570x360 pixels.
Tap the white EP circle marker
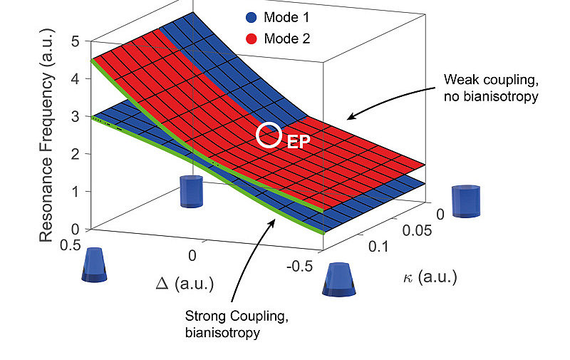pos(269,135)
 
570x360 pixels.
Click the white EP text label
pos(298,141)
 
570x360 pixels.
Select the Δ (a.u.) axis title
pos(187,284)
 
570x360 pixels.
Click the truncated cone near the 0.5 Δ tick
pos(95,265)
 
